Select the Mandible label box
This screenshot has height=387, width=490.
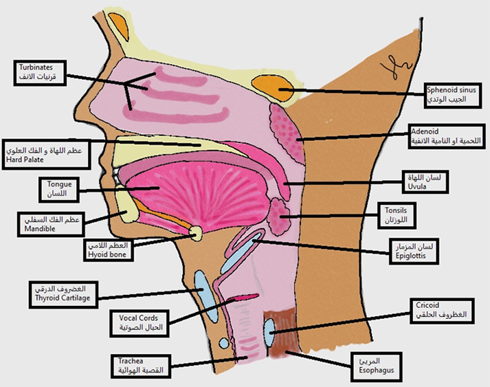(49, 223)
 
